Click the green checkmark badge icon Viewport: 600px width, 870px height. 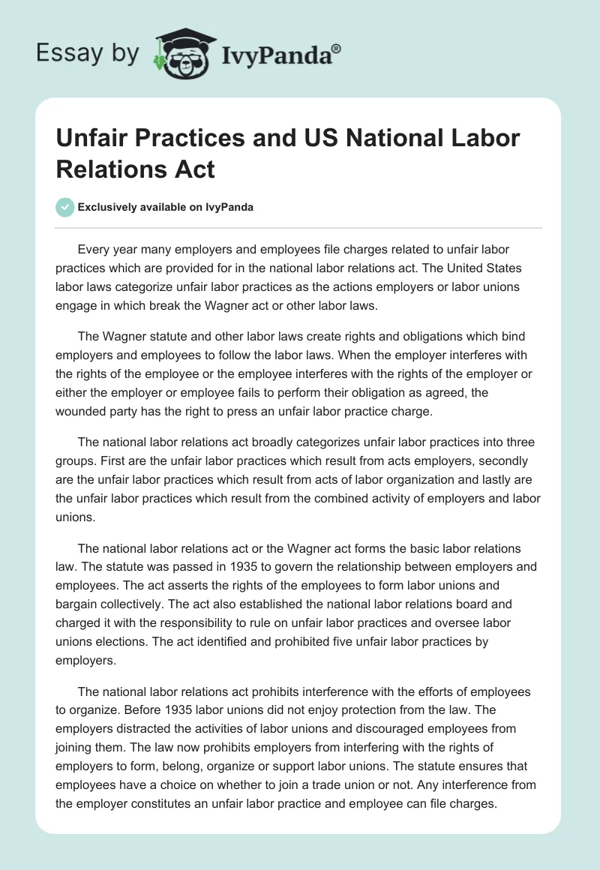tap(65, 207)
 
